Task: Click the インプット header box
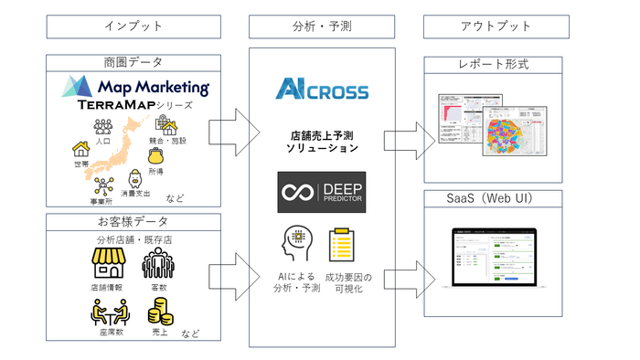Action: (x=134, y=26)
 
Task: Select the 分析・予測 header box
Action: (x=322, y=26)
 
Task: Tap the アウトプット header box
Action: (x=499, y=26)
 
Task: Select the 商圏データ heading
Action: (x=134, y=62)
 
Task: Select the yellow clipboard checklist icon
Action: (x=342, y=245)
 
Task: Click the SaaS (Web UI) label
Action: (x=499, y=199)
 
